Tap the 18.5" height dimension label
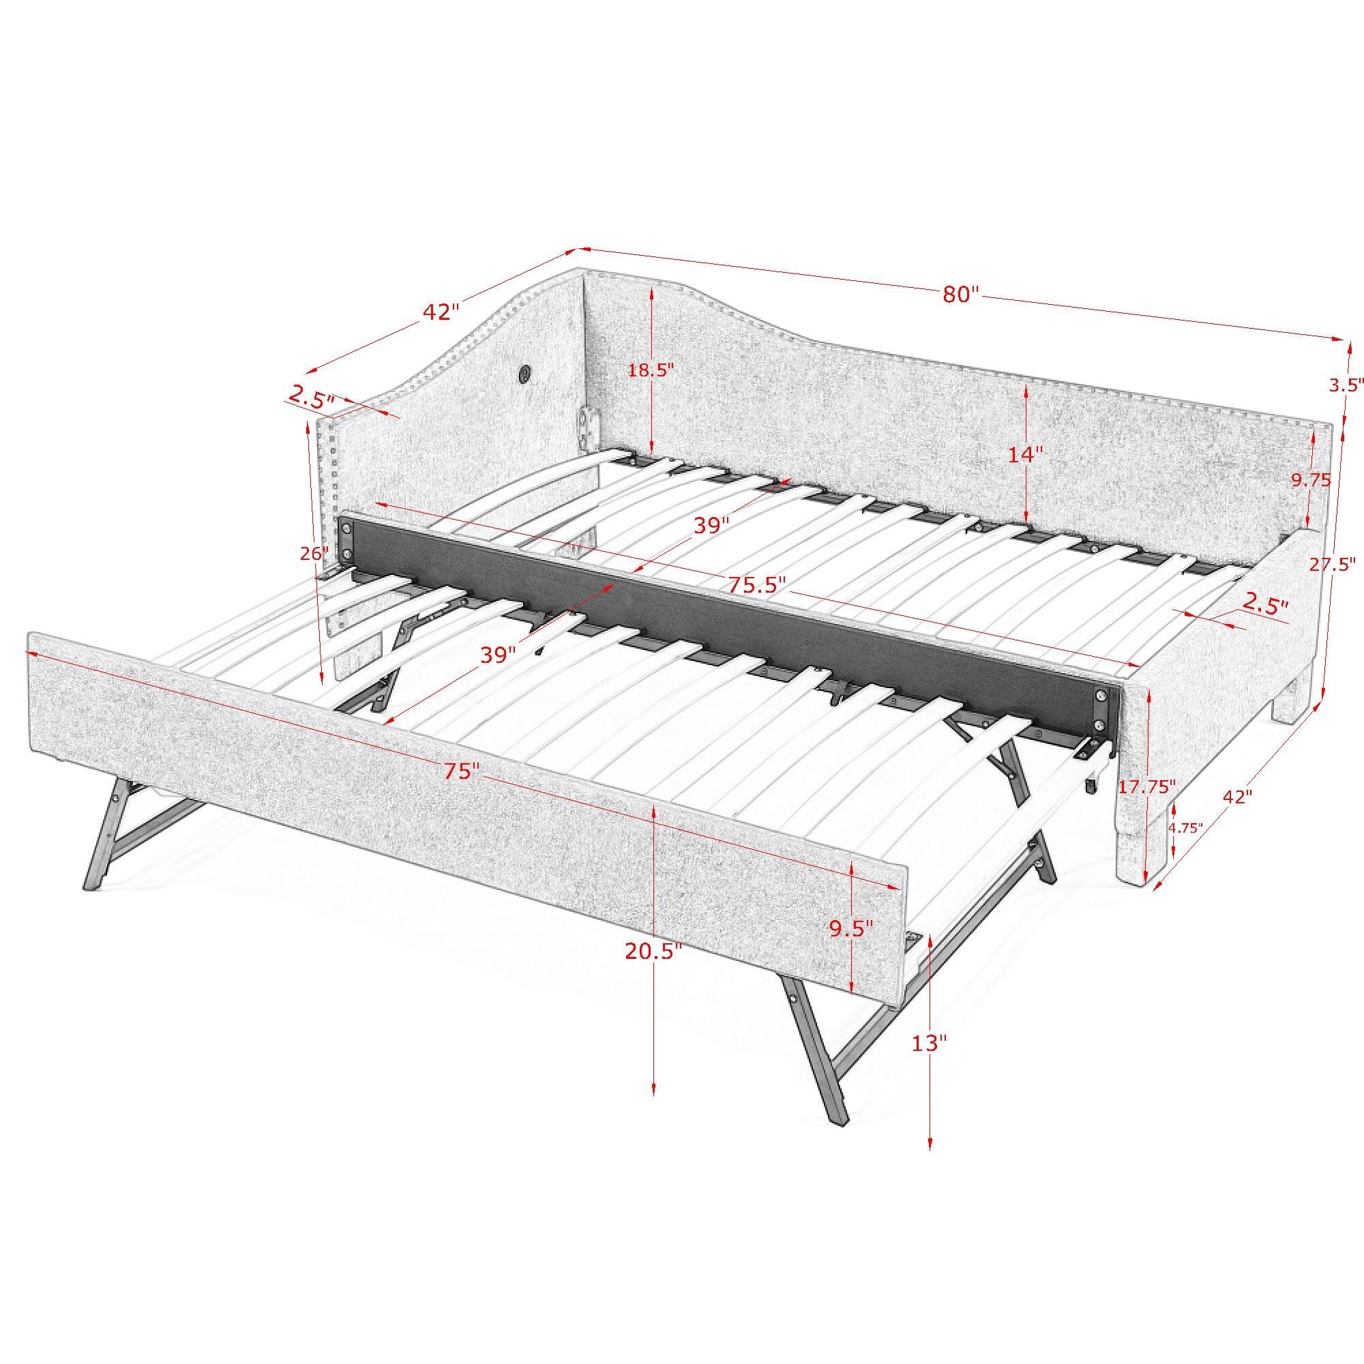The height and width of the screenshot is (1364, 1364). pyautogui.click(x=651, y=369)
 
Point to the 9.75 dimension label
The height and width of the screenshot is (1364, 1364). pyautogui.click(x=1310, y=481)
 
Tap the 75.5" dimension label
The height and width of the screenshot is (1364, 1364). pyautogui.click(x=758, y=584)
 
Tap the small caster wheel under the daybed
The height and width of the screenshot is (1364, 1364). pyautogui.click(x=1091, y=785)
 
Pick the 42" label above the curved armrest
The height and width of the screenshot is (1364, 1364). pyautogui.click(x=441, y=312)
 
